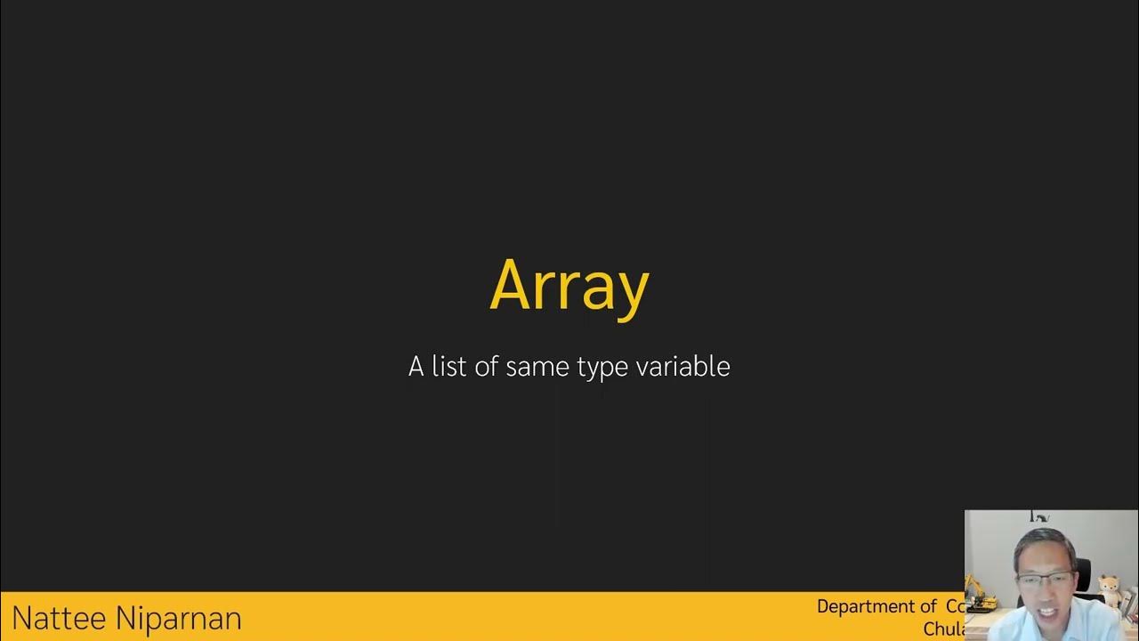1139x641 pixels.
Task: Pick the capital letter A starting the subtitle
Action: point(416,367)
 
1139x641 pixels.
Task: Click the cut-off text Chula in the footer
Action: point(944,629)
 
